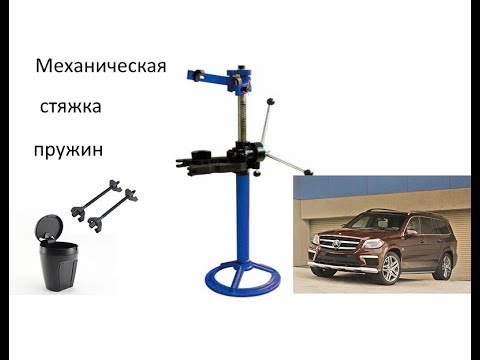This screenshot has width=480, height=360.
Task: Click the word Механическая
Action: pos(101,66)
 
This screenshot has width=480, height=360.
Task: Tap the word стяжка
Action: pos(70,107)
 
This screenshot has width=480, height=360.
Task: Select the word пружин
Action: pos(68,150)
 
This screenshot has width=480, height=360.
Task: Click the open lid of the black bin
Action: pos(49,226)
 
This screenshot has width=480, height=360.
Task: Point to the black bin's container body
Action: pos(59,266)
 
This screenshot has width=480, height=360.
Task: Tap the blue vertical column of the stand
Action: pos(243,218)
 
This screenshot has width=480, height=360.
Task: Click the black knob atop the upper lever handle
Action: pos(271,101)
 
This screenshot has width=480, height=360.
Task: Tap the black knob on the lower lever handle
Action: pos(308,172)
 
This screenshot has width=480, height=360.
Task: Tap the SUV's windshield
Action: pos(376,222)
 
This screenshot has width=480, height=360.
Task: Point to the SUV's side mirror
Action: pos(411,232)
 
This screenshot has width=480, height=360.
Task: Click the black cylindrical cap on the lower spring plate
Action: pos(201,155)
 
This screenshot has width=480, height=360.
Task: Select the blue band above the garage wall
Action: pos(382,184)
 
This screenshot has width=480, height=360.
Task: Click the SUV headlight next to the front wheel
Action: pos(373,244)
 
